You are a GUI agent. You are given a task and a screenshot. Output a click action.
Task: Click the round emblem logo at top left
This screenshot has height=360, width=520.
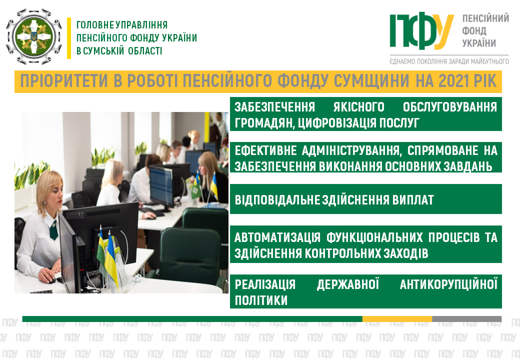coord(34,36)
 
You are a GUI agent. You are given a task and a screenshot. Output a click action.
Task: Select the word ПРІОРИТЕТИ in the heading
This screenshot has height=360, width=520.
coord(64,81)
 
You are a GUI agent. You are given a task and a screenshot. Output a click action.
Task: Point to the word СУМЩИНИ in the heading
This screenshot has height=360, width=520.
coord(371,81)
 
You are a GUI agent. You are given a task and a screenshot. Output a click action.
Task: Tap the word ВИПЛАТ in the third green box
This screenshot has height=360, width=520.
coord(413,200)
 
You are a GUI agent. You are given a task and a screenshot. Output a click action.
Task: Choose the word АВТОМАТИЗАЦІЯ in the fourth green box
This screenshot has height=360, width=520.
coord(277,237)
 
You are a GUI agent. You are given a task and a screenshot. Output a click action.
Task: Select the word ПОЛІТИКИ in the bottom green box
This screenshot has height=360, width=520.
coord(261,300)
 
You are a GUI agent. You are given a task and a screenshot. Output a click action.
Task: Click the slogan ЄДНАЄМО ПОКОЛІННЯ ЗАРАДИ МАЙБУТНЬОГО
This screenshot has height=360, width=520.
coord(449,61)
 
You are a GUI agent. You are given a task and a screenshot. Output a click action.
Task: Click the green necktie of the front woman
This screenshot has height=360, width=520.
coord(53,229)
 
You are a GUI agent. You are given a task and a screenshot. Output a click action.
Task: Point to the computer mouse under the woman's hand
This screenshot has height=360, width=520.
coord(50,280)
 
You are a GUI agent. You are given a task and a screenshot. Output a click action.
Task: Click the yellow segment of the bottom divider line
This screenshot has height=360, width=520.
coord(397,319)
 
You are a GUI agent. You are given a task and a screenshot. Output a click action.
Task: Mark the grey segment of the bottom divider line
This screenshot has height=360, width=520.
coord(466,319)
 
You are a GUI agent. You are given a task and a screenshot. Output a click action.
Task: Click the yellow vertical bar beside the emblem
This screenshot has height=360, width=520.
coord(69,38)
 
